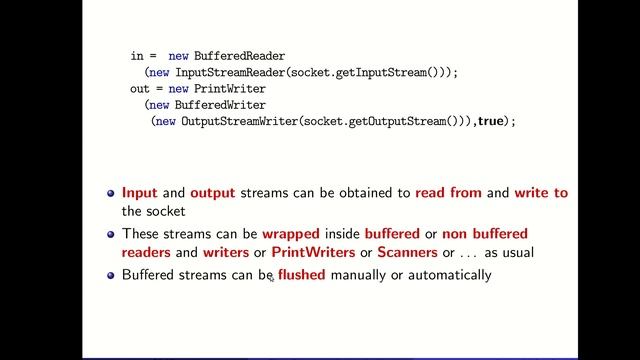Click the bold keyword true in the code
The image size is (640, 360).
click(490, 121)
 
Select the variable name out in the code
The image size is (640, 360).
click(142, 89)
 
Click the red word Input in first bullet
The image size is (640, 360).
click(139, 192)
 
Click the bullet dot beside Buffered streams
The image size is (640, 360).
click(111, 274)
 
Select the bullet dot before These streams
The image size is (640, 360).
click(111, 233)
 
